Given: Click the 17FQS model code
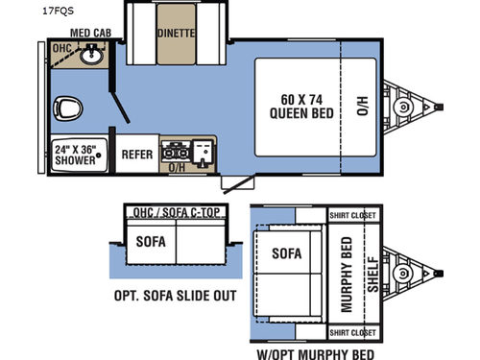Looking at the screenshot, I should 21,12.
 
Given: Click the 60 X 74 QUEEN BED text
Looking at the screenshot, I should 295,102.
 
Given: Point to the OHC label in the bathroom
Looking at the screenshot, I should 61,47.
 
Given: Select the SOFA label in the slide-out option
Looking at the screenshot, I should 150,242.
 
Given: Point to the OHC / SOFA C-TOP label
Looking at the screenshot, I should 178,211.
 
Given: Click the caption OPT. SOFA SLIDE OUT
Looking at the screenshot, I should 175,296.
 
